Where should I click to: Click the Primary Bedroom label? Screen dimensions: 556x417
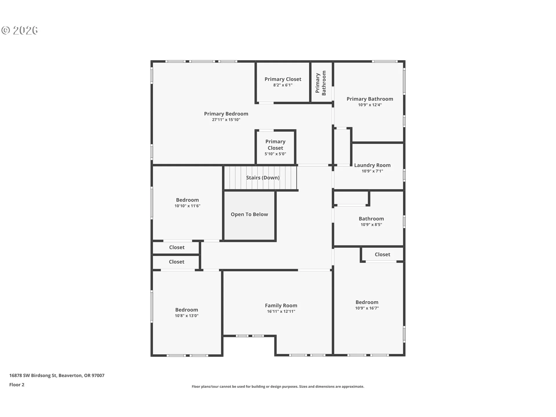(x=226, y=114)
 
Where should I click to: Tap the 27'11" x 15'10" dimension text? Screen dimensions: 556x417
(x=226, y=120)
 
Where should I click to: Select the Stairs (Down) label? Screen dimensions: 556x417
(x=263, y=178)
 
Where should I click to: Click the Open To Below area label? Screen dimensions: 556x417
(x=249, y=214)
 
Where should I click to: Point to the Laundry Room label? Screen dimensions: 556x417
(x=372, y=165)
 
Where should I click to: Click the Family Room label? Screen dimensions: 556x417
(x=281, y=305)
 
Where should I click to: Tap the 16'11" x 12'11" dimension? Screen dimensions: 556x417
(x=281, y=311)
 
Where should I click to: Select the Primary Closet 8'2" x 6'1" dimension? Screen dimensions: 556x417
(x=283, y=85)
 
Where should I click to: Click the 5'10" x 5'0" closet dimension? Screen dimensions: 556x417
(x=275, y=154)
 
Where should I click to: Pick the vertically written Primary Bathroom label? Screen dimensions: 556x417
(x=321, y=83)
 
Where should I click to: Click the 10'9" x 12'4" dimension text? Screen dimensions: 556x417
(x=370, y=105)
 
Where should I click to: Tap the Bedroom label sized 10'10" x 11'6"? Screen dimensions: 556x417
(x=187, y=200)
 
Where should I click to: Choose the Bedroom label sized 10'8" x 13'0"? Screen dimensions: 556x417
(x=186, y=310)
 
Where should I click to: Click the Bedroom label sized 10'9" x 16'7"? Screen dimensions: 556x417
(x=367, y=302)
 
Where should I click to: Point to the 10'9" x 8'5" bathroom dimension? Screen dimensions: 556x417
(x=371, y=224)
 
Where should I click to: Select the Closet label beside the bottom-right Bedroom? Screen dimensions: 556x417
(x=382, y=254)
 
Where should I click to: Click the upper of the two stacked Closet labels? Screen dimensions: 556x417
(x=177, y=247)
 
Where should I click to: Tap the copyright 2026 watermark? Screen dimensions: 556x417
(x=20, y=30)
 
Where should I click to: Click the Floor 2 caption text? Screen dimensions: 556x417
(x=17, y=385)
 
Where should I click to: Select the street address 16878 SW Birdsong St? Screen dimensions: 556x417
(x=33, y=375)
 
